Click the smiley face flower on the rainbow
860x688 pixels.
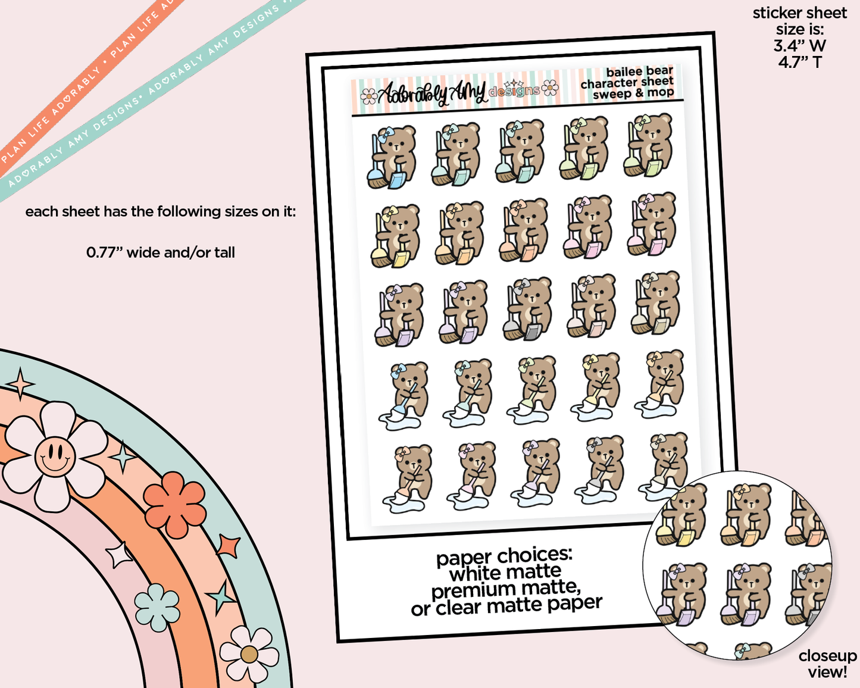coord(55,456)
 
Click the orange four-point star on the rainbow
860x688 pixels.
coord(229,546)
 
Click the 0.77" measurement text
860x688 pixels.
coord(160,252)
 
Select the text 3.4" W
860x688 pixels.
coord(799,45)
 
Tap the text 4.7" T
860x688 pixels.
coord(799,61)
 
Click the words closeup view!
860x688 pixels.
coord(827,664)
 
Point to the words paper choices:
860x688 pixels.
coord(504,556)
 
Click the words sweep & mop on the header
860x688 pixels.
coord(633,93)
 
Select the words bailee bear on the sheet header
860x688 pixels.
coord(639,71)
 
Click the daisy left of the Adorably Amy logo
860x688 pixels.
coord(369,95)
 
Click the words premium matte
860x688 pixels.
coord(505,590)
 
